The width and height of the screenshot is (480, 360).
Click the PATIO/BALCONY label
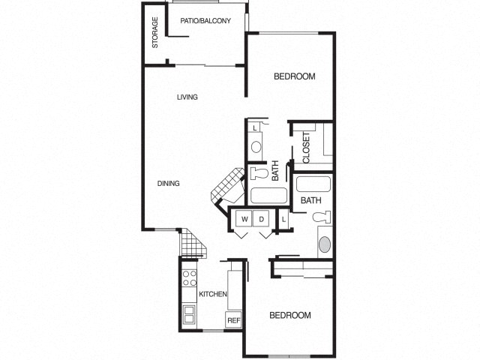205,21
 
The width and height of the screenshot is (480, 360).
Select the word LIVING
187,97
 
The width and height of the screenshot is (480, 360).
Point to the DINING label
169,184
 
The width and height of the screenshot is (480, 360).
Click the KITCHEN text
212,294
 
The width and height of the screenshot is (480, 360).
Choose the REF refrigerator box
233,320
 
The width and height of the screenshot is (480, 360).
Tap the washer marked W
243,218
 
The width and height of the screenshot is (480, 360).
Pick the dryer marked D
262,218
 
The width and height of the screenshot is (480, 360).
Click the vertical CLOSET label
307,148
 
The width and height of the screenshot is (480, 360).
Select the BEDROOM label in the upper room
294,76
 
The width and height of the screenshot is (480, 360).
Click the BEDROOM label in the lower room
289,315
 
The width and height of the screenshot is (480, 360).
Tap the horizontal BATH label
311,200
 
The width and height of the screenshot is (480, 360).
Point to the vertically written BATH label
276,172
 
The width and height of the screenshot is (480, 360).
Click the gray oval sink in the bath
324,244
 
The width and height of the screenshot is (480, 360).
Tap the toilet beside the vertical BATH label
259,173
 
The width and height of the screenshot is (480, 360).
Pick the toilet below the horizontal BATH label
319,218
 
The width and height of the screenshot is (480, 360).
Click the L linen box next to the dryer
284,220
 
